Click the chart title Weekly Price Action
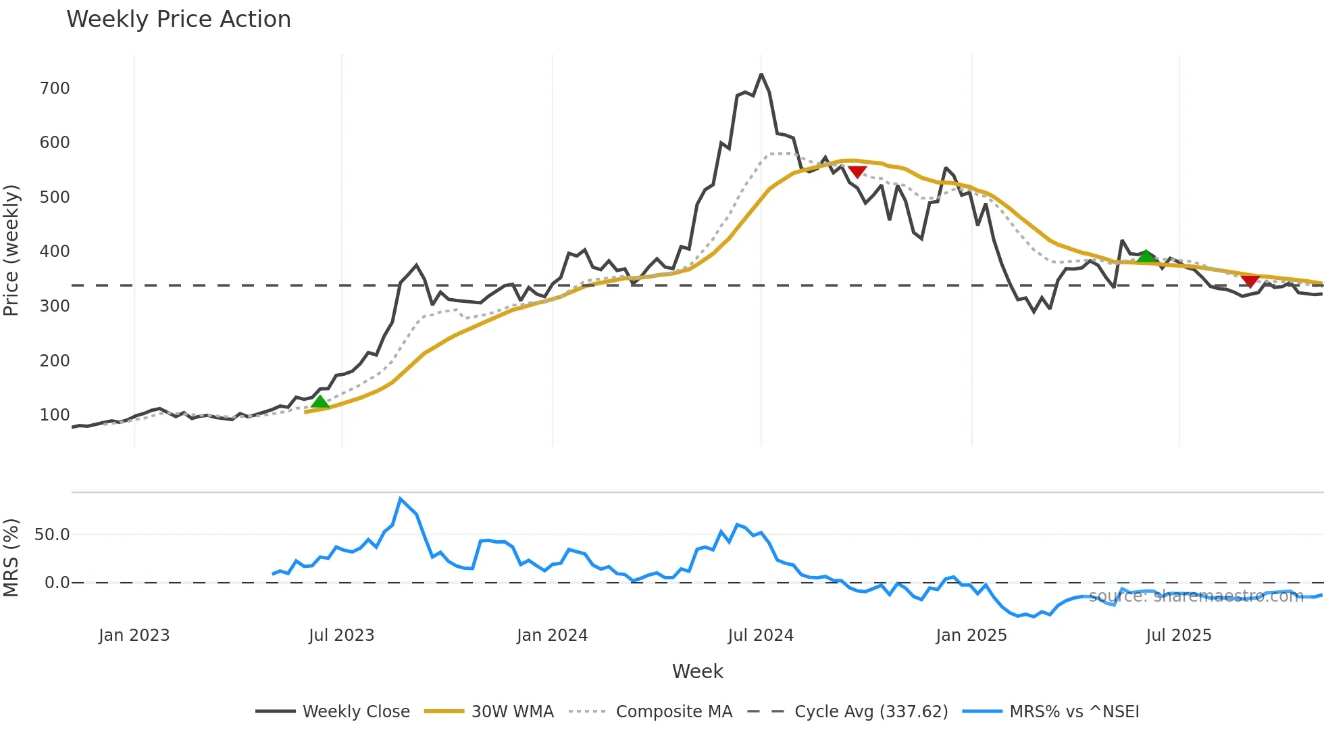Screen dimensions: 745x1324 coord(178,19)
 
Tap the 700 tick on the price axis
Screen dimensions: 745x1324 coord(55,89)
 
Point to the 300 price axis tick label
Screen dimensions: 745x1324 coord(55,306)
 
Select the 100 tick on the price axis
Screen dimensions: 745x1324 coord(55,415)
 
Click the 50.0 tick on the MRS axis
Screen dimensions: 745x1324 coord(52,535)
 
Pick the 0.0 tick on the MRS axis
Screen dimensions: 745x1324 coord(57,583)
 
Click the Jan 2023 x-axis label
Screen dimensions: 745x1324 coord(134,635)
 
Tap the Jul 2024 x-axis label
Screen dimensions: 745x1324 coord(761,635)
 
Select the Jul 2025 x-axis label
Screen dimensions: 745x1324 coord(1179,635)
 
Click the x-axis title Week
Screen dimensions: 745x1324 coord(697,671)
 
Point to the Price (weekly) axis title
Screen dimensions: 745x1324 coord(11,250)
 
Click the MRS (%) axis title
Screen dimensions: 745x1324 coord(11,558)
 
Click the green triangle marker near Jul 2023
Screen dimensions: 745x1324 coord(320,402)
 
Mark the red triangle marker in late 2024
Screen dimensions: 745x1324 coord(857,172)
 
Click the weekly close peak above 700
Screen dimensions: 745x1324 coord(761,74)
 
